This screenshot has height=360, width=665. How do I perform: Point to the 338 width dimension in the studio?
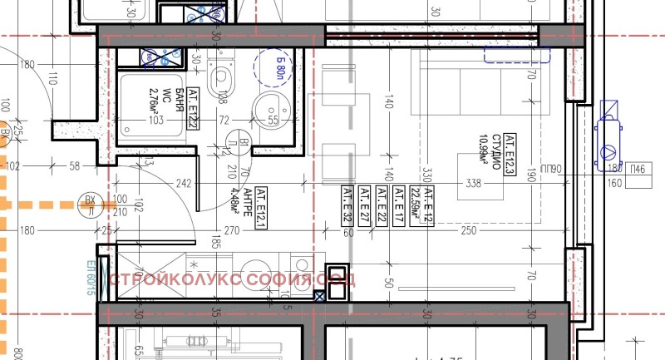pos(475,184)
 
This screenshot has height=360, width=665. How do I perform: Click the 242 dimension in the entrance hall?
pos(185,184)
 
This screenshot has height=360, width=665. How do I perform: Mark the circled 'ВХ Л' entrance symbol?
pos(90,204)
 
